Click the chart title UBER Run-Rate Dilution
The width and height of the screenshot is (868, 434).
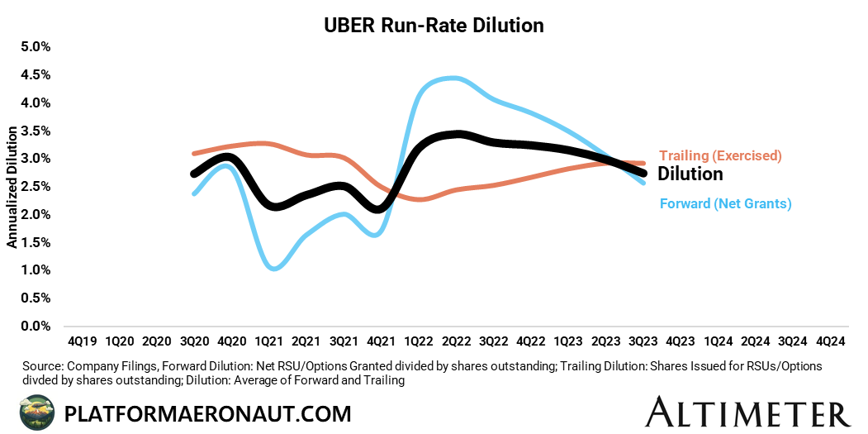pos(433,26)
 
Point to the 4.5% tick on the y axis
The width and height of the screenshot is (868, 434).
pos(36,75)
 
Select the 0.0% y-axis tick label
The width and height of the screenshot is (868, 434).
pos(36,327)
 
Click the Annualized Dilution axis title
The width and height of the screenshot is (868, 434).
pos(12,187)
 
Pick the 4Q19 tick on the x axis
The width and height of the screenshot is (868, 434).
pos(80,341)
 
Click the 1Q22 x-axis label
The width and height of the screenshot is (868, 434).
pos(418,341)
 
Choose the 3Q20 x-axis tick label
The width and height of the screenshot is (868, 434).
pos(192,341)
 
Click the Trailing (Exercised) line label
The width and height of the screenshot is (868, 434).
pos(720,155)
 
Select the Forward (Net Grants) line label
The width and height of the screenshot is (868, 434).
pos(725,203)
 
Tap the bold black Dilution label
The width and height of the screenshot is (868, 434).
pos(690,174)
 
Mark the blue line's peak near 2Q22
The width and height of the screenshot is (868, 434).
pos(453,79)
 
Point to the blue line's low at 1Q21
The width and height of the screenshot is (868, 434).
pos(274,268)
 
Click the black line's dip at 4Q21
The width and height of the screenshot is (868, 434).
pos(377,209)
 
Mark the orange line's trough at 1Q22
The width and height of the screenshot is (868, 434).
pos(420,199)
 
